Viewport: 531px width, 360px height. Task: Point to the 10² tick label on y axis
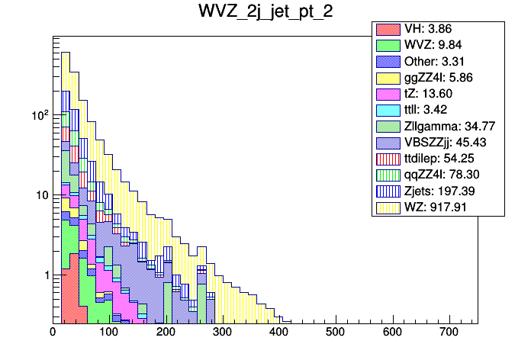[x=38, y=115]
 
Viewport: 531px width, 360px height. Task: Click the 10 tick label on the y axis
[x=41, y=195]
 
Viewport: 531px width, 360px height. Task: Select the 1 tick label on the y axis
[x=46, y=275]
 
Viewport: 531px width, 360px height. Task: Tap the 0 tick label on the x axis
[x=53, y=333]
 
